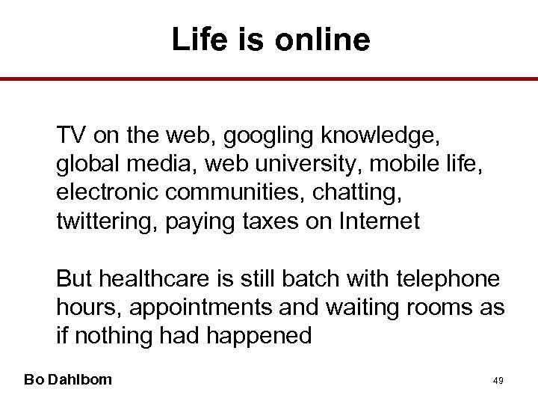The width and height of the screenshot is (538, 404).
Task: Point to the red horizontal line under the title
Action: [x=269, y=78]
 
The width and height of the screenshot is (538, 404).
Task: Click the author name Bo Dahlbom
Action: [x=68, y=379]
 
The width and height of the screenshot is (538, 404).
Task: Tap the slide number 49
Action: [x=498, y=381]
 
